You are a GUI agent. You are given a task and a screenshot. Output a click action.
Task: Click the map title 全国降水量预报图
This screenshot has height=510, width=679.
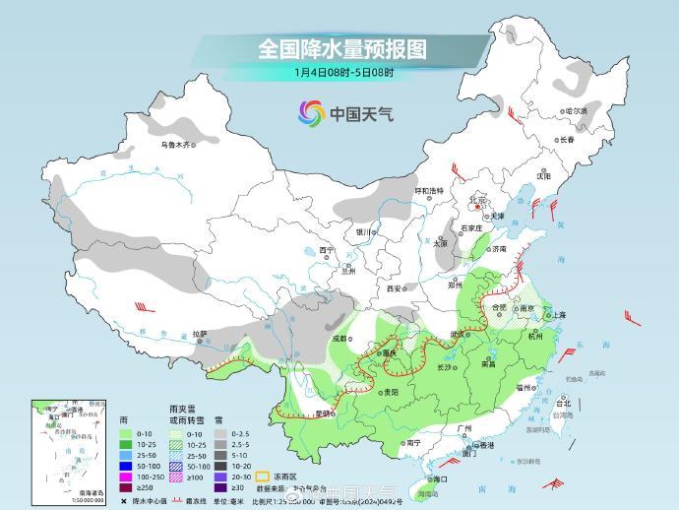point(341,48)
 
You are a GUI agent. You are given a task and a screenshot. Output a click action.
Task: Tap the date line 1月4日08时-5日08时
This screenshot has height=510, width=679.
point(343,72)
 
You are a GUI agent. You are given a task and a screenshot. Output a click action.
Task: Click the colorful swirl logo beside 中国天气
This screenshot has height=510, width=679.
point(311,113)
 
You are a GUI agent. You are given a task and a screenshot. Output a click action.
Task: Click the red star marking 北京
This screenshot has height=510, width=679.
point(479,196)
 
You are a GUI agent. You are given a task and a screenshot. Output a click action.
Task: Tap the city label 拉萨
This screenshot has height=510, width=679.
point(201,333)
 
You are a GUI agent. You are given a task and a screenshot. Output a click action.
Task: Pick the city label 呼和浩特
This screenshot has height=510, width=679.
point(428,190)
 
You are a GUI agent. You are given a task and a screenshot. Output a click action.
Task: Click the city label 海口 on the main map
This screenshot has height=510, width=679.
point(440,478)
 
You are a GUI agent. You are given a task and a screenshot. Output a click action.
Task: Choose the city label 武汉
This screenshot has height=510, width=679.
point(457,333)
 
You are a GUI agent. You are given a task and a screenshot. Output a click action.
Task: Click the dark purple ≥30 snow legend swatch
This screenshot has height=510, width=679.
point(222,486)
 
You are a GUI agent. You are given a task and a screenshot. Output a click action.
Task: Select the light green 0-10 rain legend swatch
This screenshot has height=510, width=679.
point(124,433)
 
